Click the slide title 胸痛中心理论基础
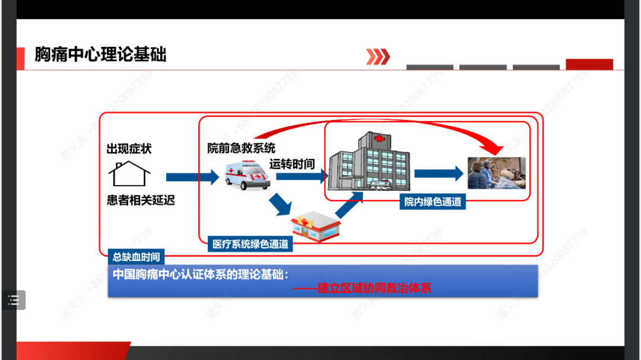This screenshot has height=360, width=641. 100,55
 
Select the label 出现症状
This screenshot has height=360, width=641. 129,148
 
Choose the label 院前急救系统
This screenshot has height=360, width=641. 241,148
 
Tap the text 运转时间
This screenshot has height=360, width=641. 292,164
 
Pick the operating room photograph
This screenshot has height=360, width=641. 496,173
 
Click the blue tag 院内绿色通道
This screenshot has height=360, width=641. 433,202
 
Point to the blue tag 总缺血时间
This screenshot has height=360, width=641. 136,257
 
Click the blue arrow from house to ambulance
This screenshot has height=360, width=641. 192,177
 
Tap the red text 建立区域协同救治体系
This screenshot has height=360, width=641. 374,288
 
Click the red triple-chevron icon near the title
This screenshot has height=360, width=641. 377,56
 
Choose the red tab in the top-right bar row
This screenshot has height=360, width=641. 589,64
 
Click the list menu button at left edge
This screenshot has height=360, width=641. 13,300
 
